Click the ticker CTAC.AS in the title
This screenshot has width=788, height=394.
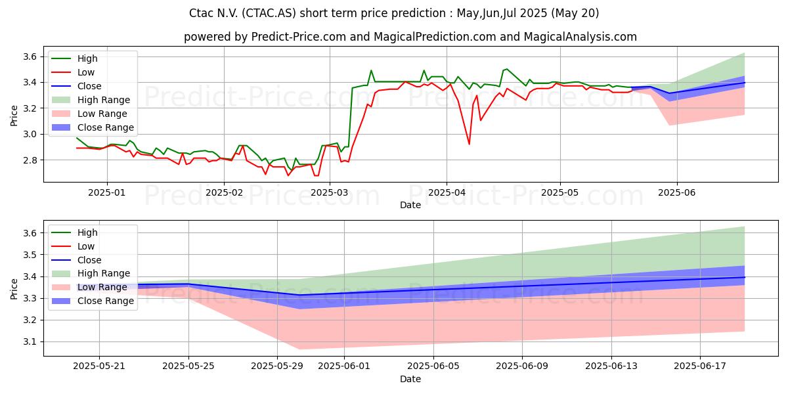coord(269,13)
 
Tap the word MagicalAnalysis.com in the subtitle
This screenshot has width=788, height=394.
coord(580,37)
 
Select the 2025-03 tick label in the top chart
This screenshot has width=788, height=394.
coord(330,192)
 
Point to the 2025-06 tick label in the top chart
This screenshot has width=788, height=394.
coord(677,192)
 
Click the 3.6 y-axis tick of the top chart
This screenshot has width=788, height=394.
coord(30,56)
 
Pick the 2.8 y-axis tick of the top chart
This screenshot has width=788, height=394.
coord(30,160)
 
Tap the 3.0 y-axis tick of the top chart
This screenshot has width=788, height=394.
coord(30,135)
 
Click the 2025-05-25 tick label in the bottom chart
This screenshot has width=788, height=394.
coord(188,366)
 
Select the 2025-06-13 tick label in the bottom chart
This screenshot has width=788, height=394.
coord(611,366)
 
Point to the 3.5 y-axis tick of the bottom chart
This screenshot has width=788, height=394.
coord(30,255)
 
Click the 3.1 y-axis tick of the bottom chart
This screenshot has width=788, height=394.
coord(30,342)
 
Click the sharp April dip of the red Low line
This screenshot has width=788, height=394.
coord(470,144)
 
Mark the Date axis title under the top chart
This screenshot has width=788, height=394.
coord(410,205)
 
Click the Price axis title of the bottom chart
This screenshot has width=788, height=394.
coord(14,289)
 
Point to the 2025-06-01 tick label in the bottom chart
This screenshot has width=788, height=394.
coord(344,366)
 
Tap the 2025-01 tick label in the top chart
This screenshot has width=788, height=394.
coord(107,192)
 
